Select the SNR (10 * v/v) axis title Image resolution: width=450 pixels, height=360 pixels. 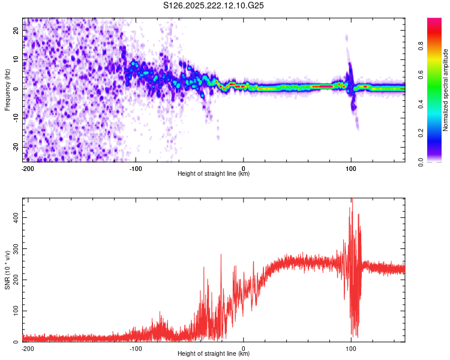[7, 270]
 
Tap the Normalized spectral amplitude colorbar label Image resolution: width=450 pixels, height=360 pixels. [446, 90]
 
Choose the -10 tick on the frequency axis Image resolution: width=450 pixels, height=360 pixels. [16, 118]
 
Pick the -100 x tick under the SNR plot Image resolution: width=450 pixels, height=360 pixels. [135, 348]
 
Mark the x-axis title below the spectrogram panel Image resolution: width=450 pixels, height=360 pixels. [214, 174]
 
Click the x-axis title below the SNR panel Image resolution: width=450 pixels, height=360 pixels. [214, 354]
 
